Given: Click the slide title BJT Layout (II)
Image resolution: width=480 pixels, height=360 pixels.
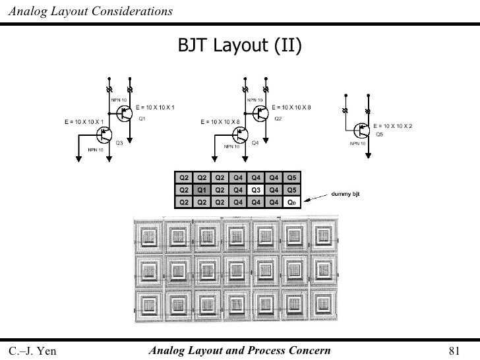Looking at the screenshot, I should pyautogui.click(x=240, y=45).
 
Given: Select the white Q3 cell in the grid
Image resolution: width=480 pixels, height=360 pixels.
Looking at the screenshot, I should pyautogui.click(x=257, y=190).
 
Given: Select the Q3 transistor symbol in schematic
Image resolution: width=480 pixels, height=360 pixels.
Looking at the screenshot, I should pyautogui.click(x=104, y=135).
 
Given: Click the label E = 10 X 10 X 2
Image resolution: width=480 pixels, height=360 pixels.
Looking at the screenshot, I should pyautogui.click(x=393, y=126).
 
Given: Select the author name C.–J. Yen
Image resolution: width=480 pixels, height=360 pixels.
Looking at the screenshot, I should pyautogui.click(x=32, y=350).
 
